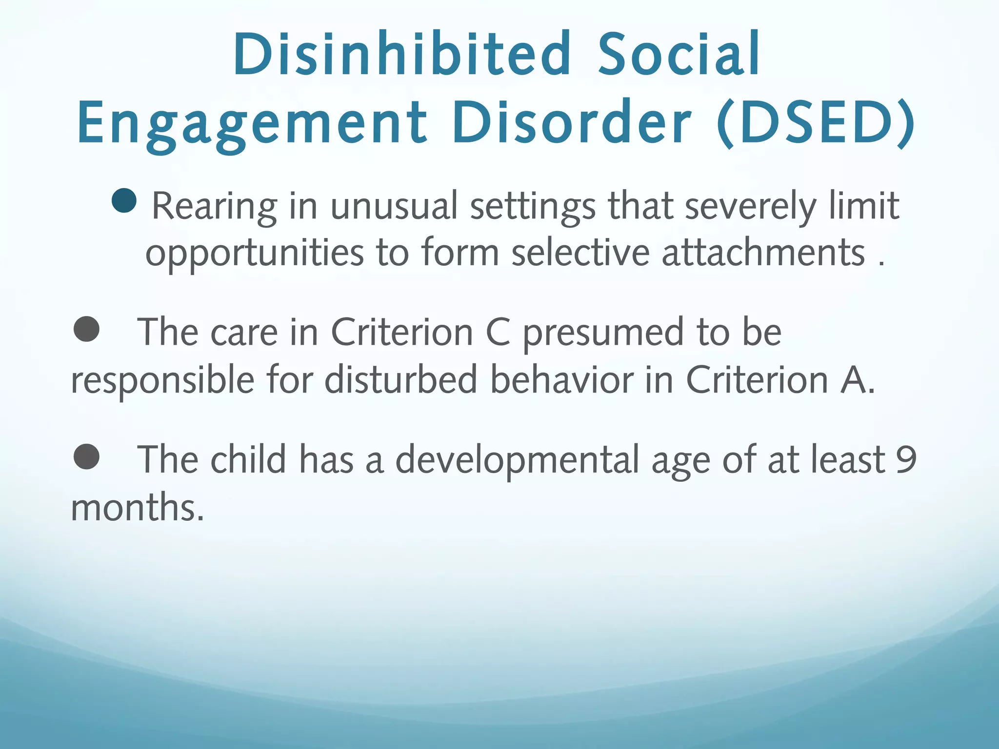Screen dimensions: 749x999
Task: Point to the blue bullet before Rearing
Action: (124, 200)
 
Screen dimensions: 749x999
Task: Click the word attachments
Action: (763, 253)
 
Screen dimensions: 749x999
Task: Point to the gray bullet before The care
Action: (87, 329)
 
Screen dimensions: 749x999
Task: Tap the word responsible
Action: (162, 381)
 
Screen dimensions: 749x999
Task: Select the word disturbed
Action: (400, 380)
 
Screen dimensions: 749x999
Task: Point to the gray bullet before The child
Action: (87, 456)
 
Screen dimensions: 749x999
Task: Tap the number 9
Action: (906, 459)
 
